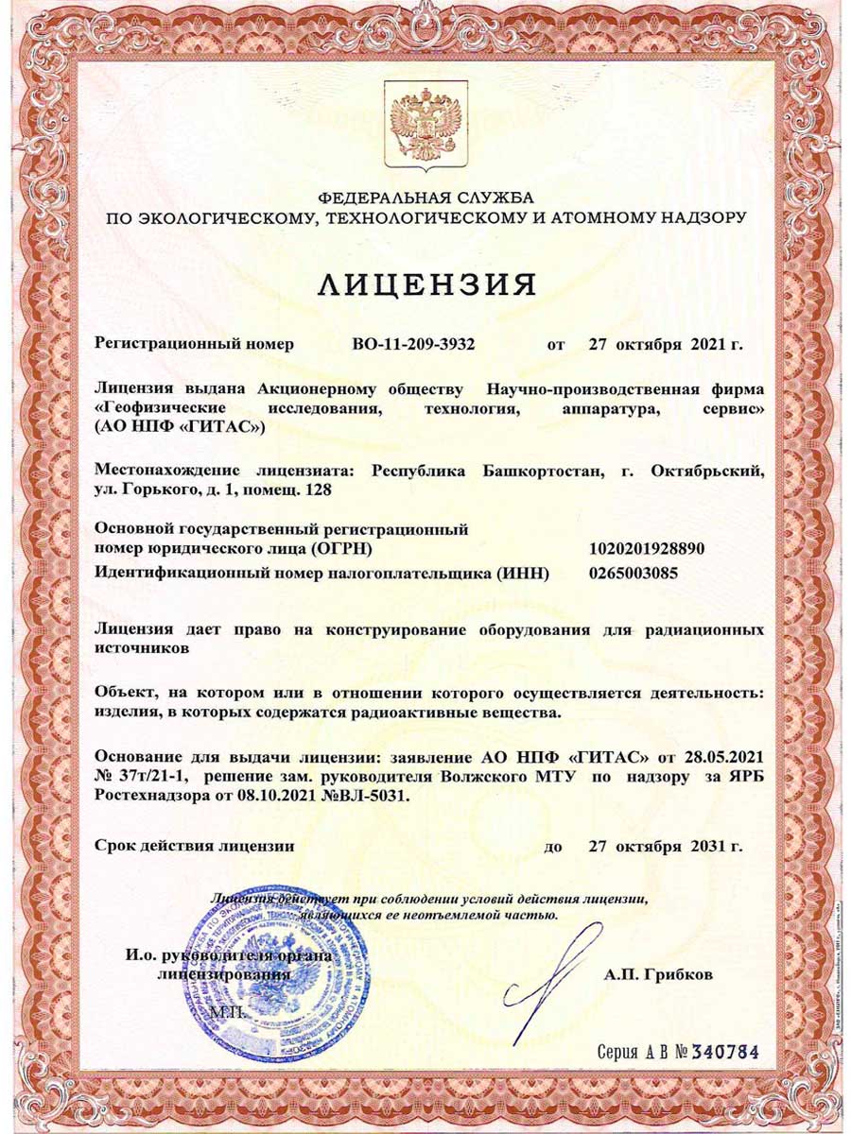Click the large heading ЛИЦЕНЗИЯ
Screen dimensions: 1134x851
click(x=425, y=283)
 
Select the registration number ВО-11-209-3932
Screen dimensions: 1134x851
click(x=412, y=344)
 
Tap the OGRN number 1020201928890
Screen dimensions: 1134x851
click(x=647, y=548)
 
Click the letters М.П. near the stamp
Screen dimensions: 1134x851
click(x=227, y=1011)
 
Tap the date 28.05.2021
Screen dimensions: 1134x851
click(x=724, y=759)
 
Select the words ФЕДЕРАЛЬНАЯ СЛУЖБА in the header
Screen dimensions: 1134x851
click(x=425, y=198)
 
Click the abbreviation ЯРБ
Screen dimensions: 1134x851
click(x=746, y=778)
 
